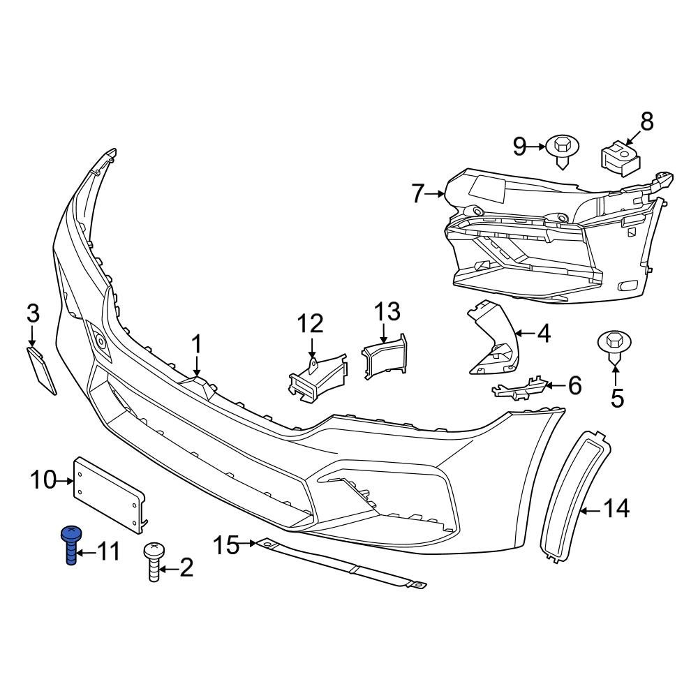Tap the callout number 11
[x=107, y=552]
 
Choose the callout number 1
[x=197, y=344]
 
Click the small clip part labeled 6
[x=517, y=389]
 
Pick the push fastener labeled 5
[x=614, y=345]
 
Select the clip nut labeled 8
[x=620, y=157]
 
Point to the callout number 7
[x=417, y=193]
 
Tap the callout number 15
[x=227, y=544]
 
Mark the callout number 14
[x=616, y=510]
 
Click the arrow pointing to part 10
[x=68, y=480]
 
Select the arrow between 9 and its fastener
[x=537, y=146]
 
